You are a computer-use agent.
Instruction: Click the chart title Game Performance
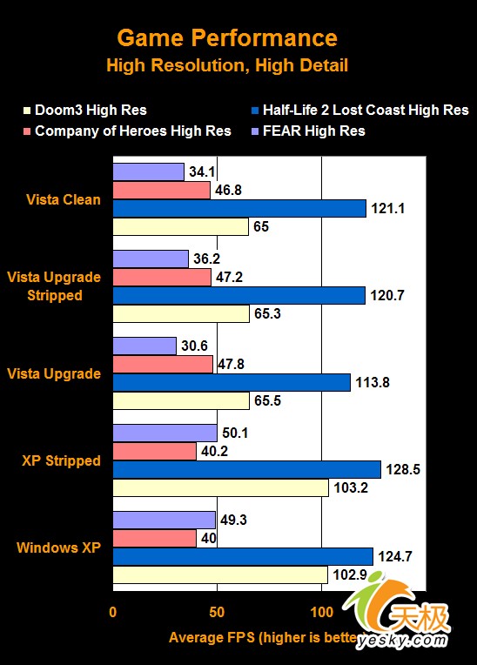[x=227, y=38]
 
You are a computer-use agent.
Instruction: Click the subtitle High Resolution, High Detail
[x=227, y=65]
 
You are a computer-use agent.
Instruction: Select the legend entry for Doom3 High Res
[x=91, y=111]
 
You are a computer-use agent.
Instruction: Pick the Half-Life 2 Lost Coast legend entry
[x=358, y=111]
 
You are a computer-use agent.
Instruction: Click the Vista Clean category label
[x=63, y=199]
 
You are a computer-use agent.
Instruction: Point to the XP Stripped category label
[x=61, y=460]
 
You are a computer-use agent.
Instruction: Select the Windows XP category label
[x=58, y=547]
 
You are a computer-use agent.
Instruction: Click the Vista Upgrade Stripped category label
[x=54, y=286]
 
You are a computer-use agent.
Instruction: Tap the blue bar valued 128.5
[x=246, y=469]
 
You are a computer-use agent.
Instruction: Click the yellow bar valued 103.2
[x=220, y=487]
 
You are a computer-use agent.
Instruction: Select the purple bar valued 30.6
[x=144, y=346]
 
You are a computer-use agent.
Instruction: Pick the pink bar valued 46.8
[x=161, y=190]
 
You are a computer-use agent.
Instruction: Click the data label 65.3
[x=269, y=313]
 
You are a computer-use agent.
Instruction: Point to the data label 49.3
[x=238, y=521]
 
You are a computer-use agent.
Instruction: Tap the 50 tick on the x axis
[x=217, y=612]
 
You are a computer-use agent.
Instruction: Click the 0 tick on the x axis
[x=112, y=612]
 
